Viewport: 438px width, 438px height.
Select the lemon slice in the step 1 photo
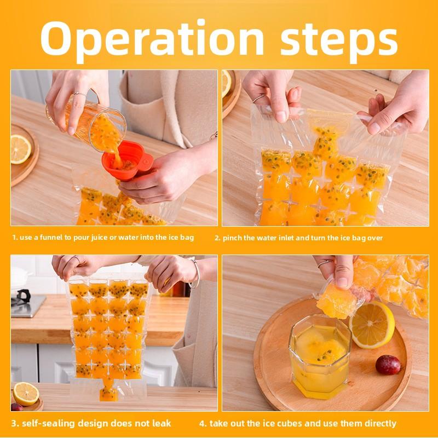coord(21,149)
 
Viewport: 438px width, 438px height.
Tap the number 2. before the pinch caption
coord(217,238)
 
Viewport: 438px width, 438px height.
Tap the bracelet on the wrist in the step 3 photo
coord(194,274)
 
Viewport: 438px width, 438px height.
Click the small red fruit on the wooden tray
coord(388,365)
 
